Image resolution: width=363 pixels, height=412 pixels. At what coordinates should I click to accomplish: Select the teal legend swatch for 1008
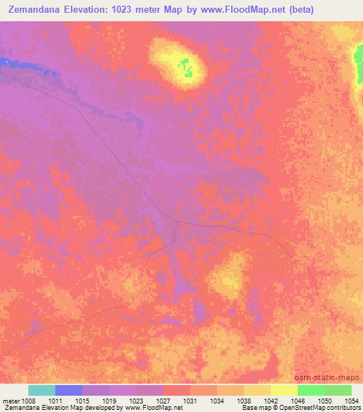pos(42,390)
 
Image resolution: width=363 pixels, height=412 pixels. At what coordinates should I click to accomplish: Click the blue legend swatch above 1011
pos(69,390)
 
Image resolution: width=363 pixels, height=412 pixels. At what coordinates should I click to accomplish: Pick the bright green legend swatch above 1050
pos(311,390)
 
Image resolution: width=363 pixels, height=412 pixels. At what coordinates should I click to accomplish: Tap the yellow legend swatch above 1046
pos(284,390)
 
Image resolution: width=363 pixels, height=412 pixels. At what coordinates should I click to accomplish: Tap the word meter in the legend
pos(11,401)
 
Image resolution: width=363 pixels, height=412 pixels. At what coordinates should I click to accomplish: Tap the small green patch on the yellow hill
pos(186,68)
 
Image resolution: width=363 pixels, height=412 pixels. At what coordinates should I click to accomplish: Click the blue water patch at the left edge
pos(6,62)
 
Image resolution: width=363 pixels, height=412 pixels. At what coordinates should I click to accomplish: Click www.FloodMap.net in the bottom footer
pos(147,408)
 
